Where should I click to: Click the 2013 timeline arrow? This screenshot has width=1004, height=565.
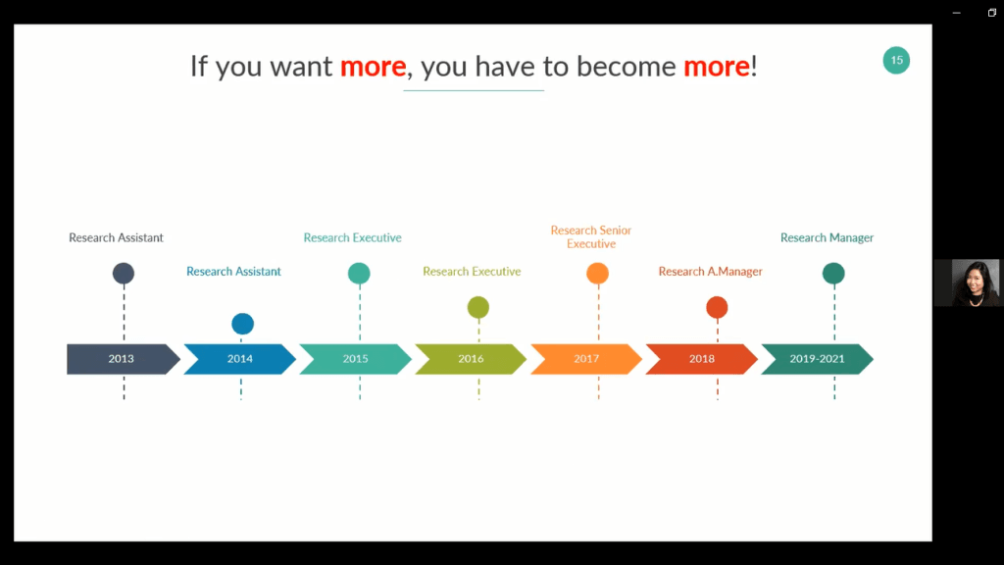tap(123, 359)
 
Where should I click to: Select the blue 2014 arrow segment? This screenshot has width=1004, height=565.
tap(239, 359)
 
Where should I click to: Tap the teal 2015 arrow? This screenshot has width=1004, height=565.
tap(355, 359)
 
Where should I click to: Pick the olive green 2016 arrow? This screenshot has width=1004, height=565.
tap(471, 359)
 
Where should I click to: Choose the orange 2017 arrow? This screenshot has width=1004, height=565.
tap(586, 359)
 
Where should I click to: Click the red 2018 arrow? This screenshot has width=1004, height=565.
tap(702, 359)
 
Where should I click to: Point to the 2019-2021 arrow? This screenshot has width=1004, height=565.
tap(817, 359)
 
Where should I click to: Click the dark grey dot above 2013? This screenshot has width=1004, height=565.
tap(124, 274)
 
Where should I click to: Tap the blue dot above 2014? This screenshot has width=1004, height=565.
tap(243, 324)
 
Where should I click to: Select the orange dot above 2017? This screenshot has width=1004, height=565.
tap(597, 274)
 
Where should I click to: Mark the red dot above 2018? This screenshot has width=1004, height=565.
tap(717, 307)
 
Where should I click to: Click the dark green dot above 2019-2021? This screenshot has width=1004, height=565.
tap(833, 274)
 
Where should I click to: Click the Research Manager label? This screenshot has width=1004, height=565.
tap(827, 237)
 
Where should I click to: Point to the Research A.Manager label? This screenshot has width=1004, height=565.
tap(711, 272)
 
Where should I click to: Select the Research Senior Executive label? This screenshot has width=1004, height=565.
tap(591, 237)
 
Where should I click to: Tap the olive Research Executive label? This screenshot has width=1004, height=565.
tap(472, 272)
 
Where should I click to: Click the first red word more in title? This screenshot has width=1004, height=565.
tap(373, 67)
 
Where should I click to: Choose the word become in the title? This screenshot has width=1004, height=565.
tap(626, 67)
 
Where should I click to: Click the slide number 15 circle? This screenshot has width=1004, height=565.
tap(896, 60)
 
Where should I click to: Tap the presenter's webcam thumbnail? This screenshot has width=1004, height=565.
tap(969, 282)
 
